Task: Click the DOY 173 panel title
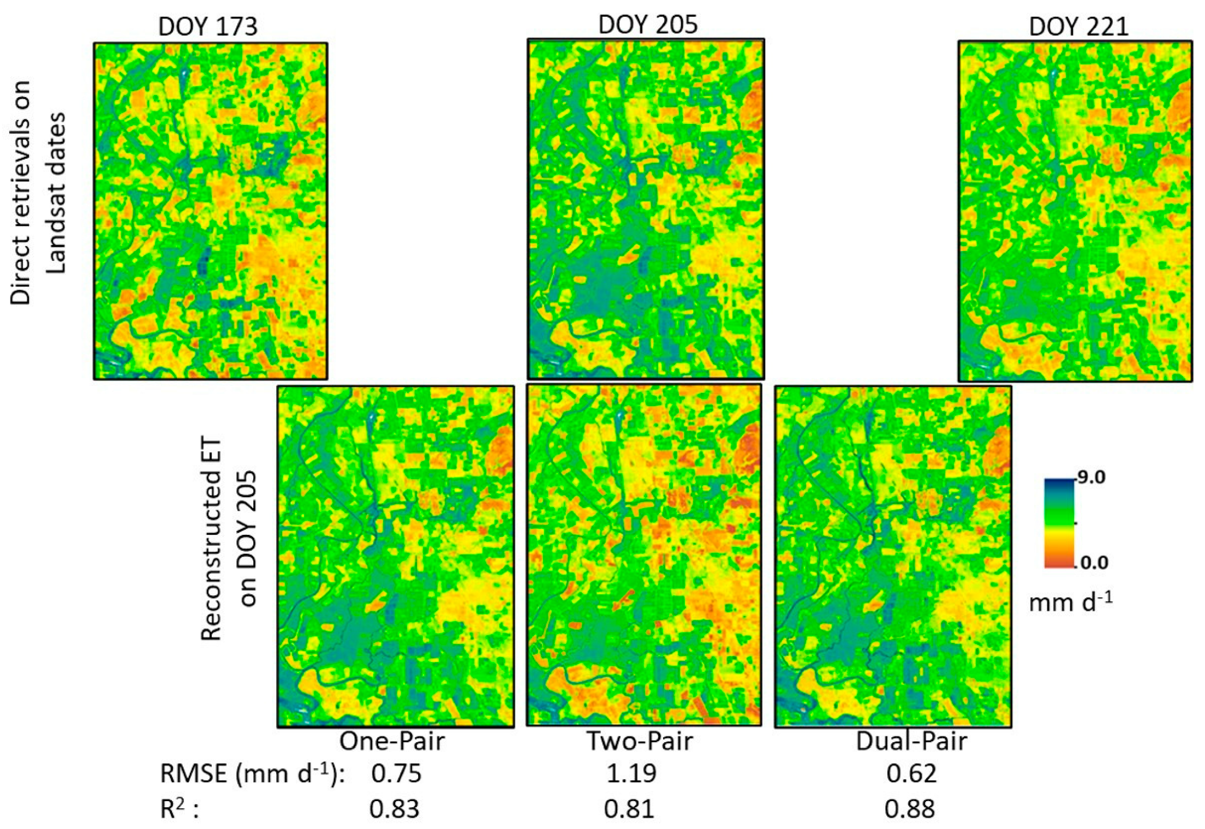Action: coord(207,27)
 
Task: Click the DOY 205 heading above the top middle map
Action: coord(648,25)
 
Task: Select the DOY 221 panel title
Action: coord(1078,27)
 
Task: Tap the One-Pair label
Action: coord(392,741)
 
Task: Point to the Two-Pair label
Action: coord(639,741)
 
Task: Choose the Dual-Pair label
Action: coord(911,741)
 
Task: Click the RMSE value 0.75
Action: coord(396,774)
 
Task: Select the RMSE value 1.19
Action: coord(631,774)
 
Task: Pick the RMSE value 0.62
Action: coord(911,774)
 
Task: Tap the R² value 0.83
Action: coord(394,809)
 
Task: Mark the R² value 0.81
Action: coord(629,809)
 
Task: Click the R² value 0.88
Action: coord(909,809)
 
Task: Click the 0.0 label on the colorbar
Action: coord(1093,562)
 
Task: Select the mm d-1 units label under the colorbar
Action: coord(1070,603)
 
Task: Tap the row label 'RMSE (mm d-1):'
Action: coord(252,774)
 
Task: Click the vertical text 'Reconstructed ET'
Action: coord(211,538)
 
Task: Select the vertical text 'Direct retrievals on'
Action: coord(21,192)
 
